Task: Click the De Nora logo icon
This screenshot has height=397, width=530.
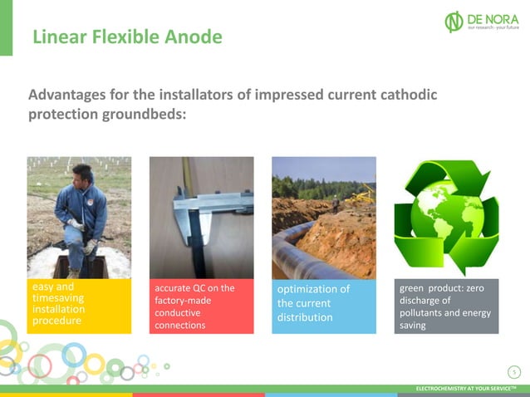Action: point(454,22)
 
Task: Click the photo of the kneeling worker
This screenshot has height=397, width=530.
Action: point(79,217)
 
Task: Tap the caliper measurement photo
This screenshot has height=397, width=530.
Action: point(201,217)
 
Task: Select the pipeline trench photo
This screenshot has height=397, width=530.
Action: point(324,217)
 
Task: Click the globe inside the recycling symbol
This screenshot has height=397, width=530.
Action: point(445,214)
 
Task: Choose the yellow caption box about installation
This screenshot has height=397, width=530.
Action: point(79,306)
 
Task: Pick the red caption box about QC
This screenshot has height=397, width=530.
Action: point(201,306)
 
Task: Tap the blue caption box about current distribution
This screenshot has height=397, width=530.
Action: point(324,306)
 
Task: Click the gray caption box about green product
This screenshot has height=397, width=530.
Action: point(446,306)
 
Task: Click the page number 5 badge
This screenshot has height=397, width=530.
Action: point(514,371)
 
